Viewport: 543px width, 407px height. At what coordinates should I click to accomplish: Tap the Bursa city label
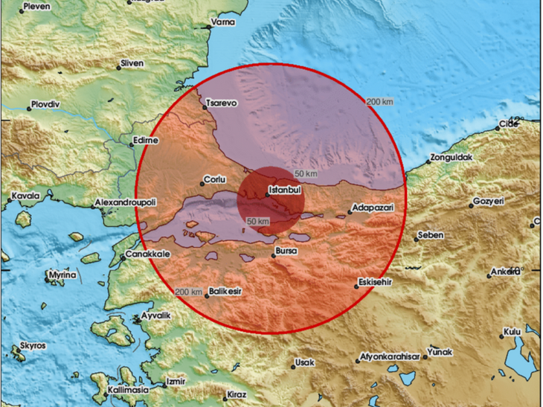click(x=287, y=251)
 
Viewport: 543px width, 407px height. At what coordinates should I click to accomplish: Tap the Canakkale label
click(x=148, y=254)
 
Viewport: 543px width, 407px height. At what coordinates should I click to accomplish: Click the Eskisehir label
click(x=375, y=283)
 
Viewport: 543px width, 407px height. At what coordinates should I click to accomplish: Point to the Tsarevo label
click(x=222, y=103)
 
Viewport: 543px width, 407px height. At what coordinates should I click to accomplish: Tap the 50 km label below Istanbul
click(x=258, y=221)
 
